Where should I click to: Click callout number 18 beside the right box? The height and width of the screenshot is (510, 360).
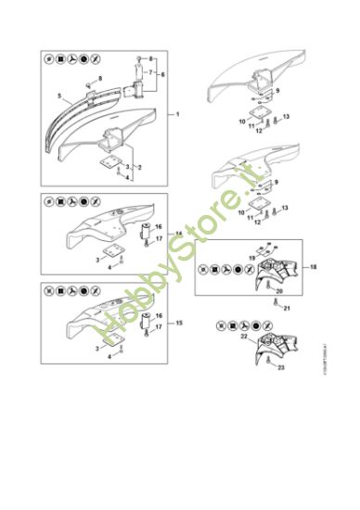point(313,267)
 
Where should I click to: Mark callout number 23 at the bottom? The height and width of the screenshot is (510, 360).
point(280,368)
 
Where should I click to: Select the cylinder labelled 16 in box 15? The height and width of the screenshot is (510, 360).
point(146,319)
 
